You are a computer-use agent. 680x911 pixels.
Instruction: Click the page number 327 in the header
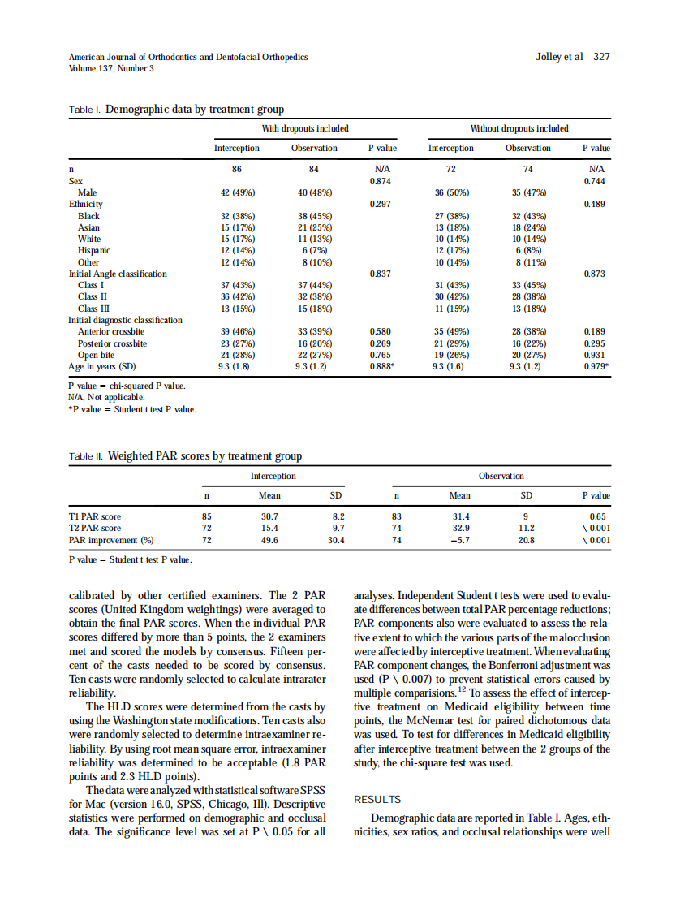[x=601, y=57]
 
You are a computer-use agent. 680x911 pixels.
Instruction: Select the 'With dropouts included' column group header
[x=305, y=128]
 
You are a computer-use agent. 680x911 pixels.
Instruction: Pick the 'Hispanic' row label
[x=94, y=251]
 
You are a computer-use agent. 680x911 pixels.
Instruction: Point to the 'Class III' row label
[x=93, y=309]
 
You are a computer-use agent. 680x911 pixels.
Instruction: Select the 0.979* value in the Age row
[x=596, y=366]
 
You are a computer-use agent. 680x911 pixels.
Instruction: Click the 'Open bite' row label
[x=96, y=355]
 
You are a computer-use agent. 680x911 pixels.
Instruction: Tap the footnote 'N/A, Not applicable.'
[x=106, y=398]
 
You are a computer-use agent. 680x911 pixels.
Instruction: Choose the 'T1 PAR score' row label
[x=95, y=516]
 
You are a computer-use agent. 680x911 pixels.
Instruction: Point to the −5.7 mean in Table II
[x=459, y=538]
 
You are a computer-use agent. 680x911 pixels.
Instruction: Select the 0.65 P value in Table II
[x=599, y=516]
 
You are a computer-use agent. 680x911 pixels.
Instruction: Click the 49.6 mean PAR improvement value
[x=269, y=538]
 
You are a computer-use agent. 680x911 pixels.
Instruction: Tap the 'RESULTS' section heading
[x=377, y=800]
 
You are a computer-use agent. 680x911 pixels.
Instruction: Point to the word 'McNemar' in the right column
[x=425, y=720]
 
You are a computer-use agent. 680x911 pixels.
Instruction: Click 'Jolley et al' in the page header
[x=560, y=57]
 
